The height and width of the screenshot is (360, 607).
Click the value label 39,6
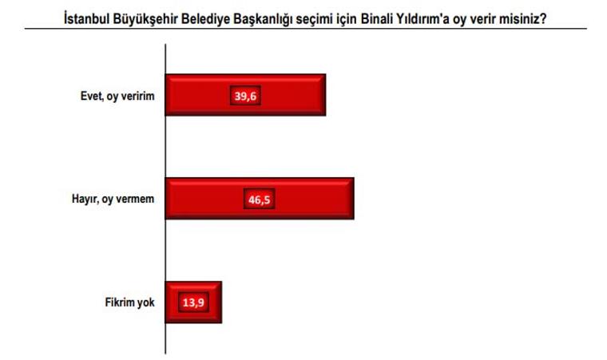pos(245,96)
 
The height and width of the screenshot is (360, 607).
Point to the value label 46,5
pos(260,200)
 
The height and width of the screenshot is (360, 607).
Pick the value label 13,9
pos(192,303)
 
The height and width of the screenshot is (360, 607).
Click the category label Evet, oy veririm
pos(120,96)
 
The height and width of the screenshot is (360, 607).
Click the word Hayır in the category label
pos(84,200)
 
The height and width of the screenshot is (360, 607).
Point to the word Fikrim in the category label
pos(119,303)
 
